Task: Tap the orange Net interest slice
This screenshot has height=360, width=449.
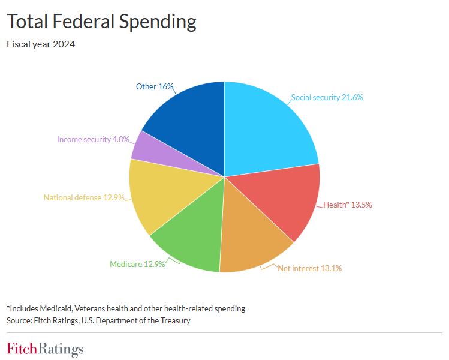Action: [252, 240]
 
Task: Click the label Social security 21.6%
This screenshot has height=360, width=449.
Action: [327, 97]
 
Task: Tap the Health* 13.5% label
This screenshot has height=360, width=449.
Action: [348, 205]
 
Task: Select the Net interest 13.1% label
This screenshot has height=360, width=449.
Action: [309, 268]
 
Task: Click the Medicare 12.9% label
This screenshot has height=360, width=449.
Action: [137, 263]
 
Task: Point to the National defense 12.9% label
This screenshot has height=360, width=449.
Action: [83, 197]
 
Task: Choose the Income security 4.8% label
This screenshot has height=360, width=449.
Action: [92, 139]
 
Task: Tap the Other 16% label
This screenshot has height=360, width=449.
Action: [154, 86]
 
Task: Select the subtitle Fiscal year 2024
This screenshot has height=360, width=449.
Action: [40, 44]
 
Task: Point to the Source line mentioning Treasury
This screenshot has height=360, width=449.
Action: [98, 320]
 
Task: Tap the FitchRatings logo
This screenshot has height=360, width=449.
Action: [45, 349]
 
